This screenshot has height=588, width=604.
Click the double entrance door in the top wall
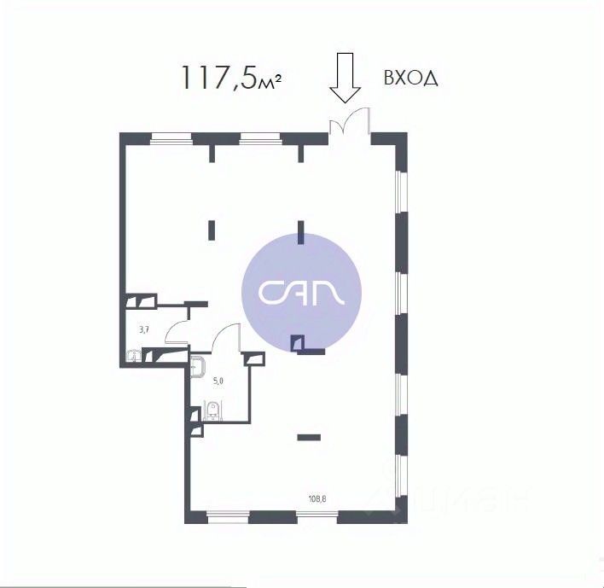350,125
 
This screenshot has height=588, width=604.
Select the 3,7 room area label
144,328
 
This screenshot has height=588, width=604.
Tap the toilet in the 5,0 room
213,413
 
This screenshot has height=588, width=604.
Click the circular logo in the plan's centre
302,290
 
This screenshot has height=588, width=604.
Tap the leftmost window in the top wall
170,137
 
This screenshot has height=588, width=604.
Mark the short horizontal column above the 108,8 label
308,438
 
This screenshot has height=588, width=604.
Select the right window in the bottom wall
316,515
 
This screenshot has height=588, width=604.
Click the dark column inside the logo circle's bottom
297,344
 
